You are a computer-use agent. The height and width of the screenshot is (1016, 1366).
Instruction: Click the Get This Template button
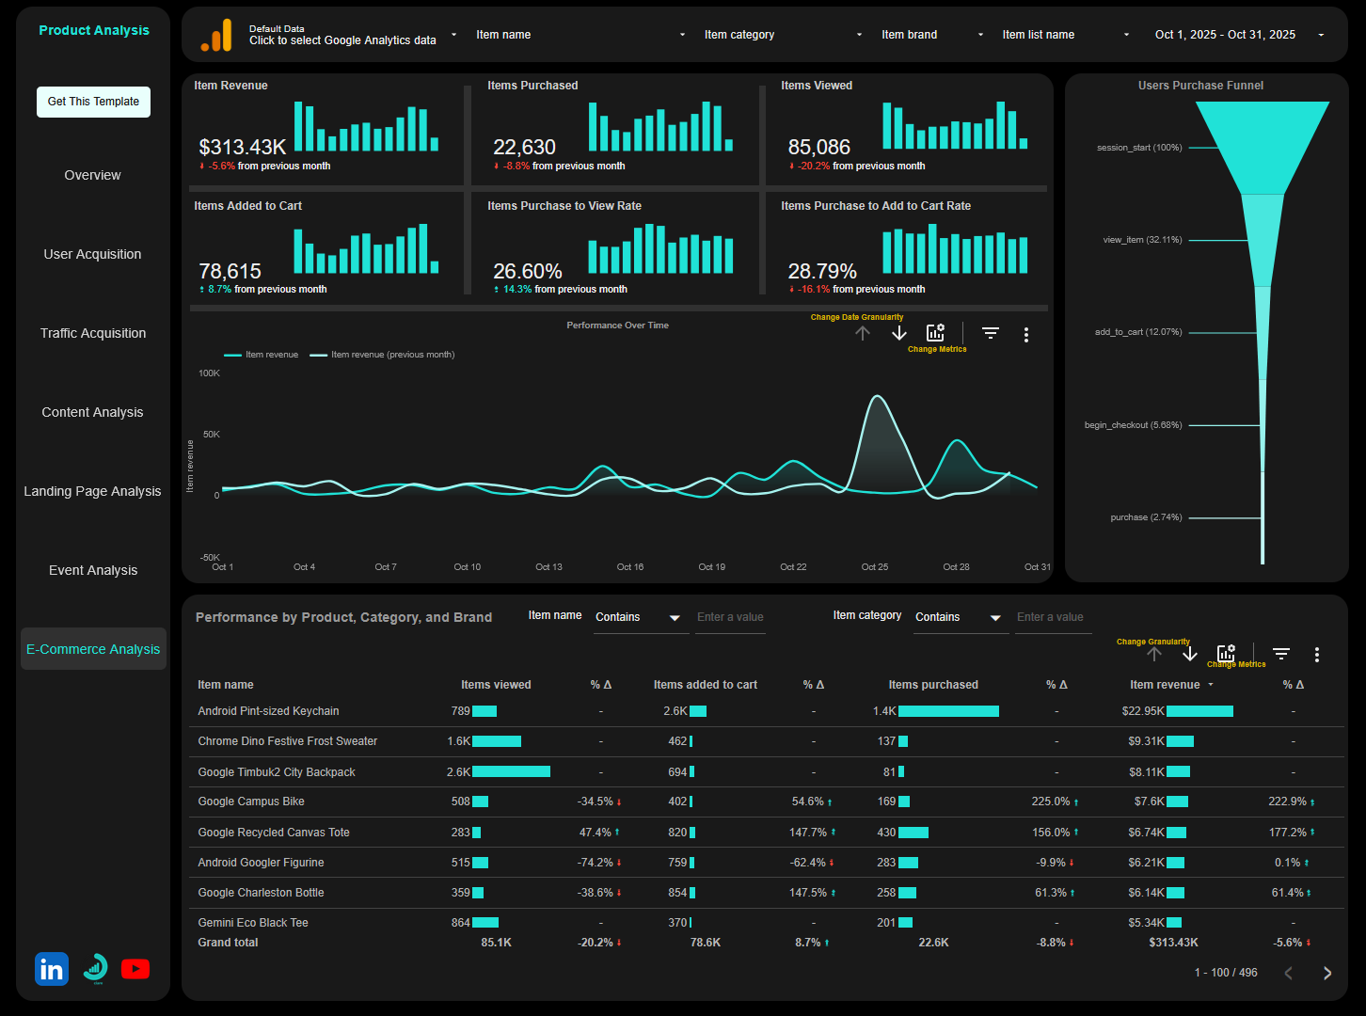93,102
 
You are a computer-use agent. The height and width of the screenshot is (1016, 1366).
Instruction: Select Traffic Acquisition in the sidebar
93,333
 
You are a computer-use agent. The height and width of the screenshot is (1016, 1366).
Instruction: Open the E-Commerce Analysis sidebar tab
93,649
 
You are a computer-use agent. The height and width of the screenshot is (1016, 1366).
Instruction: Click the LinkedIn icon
52,969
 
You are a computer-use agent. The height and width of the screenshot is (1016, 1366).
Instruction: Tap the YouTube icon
135,969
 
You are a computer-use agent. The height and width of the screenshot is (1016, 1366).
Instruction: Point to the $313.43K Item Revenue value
243,148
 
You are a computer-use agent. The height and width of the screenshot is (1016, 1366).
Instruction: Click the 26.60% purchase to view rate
528,272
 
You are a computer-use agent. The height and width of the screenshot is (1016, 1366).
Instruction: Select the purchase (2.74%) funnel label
1146,517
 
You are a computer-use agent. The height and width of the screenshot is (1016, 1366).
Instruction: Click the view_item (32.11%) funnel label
1142,240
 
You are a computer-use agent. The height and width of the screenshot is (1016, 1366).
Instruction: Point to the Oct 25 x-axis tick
875,567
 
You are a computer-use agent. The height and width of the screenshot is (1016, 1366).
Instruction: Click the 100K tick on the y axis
209,373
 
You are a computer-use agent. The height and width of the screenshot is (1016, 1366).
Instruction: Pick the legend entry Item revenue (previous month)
391,355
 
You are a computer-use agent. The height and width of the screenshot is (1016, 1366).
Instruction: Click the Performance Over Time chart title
617,325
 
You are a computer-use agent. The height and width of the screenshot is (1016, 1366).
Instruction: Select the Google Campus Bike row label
251,802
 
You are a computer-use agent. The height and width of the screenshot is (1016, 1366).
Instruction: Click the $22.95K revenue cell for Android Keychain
1143,711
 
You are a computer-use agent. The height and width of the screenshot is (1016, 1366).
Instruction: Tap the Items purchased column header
933,685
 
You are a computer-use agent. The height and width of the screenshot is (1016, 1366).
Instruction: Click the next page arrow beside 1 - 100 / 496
1327,973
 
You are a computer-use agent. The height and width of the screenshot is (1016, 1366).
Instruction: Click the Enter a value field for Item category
1050,617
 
